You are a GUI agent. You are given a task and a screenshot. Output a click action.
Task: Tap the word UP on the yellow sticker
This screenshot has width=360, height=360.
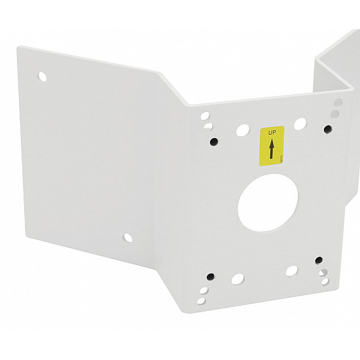(x=272, y=132)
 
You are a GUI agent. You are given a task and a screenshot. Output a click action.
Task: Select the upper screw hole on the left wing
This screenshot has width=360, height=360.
(x=43, y=76)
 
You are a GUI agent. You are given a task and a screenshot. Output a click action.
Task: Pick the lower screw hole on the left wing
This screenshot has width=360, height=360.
(x=128, y=236)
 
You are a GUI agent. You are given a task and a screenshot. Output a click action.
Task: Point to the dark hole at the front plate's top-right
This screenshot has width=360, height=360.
(x=326, y=129)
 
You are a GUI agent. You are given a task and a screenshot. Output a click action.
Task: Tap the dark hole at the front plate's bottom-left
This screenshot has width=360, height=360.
(x=210, y=276)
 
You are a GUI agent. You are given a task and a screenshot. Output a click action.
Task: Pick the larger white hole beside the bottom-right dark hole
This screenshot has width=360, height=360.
(x=292, y=270)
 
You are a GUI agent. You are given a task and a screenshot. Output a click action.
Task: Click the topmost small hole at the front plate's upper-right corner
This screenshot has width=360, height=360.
(x=338, y=103)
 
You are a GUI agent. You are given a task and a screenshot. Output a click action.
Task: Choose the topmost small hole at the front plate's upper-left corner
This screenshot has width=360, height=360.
(x=204, y=115)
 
